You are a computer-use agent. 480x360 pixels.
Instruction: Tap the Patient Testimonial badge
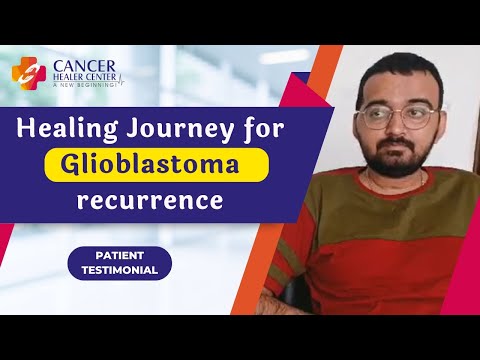(x=120, y=264)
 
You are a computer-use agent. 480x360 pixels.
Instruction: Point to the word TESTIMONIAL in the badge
(x=120, y=271)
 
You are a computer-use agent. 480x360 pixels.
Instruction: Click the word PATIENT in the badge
(x=120, y=256)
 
